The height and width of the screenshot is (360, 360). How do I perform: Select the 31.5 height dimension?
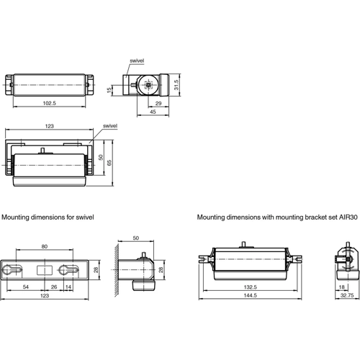pyautogui.click(x=176, y=85)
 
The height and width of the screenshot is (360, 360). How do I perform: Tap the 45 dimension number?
pyautogui.click(x=153, y=112)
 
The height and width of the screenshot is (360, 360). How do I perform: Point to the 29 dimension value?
pyautogui.click(x=158, y=103)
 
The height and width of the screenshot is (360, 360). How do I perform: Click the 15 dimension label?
pyautogui.click(x=109, y=91)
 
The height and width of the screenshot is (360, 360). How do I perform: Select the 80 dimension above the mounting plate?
pyautogui.click(x=45, y=246)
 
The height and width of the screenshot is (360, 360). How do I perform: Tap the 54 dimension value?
pyautogui.click(x=25, y=287)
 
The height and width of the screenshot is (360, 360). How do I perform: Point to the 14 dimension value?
pyautogui.click(x=68, y=287)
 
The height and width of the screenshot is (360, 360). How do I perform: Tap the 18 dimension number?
pyautogui.click(x=341, y=287)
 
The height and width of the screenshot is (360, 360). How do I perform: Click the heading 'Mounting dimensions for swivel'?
pyautogui.click(x=48, y=216)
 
